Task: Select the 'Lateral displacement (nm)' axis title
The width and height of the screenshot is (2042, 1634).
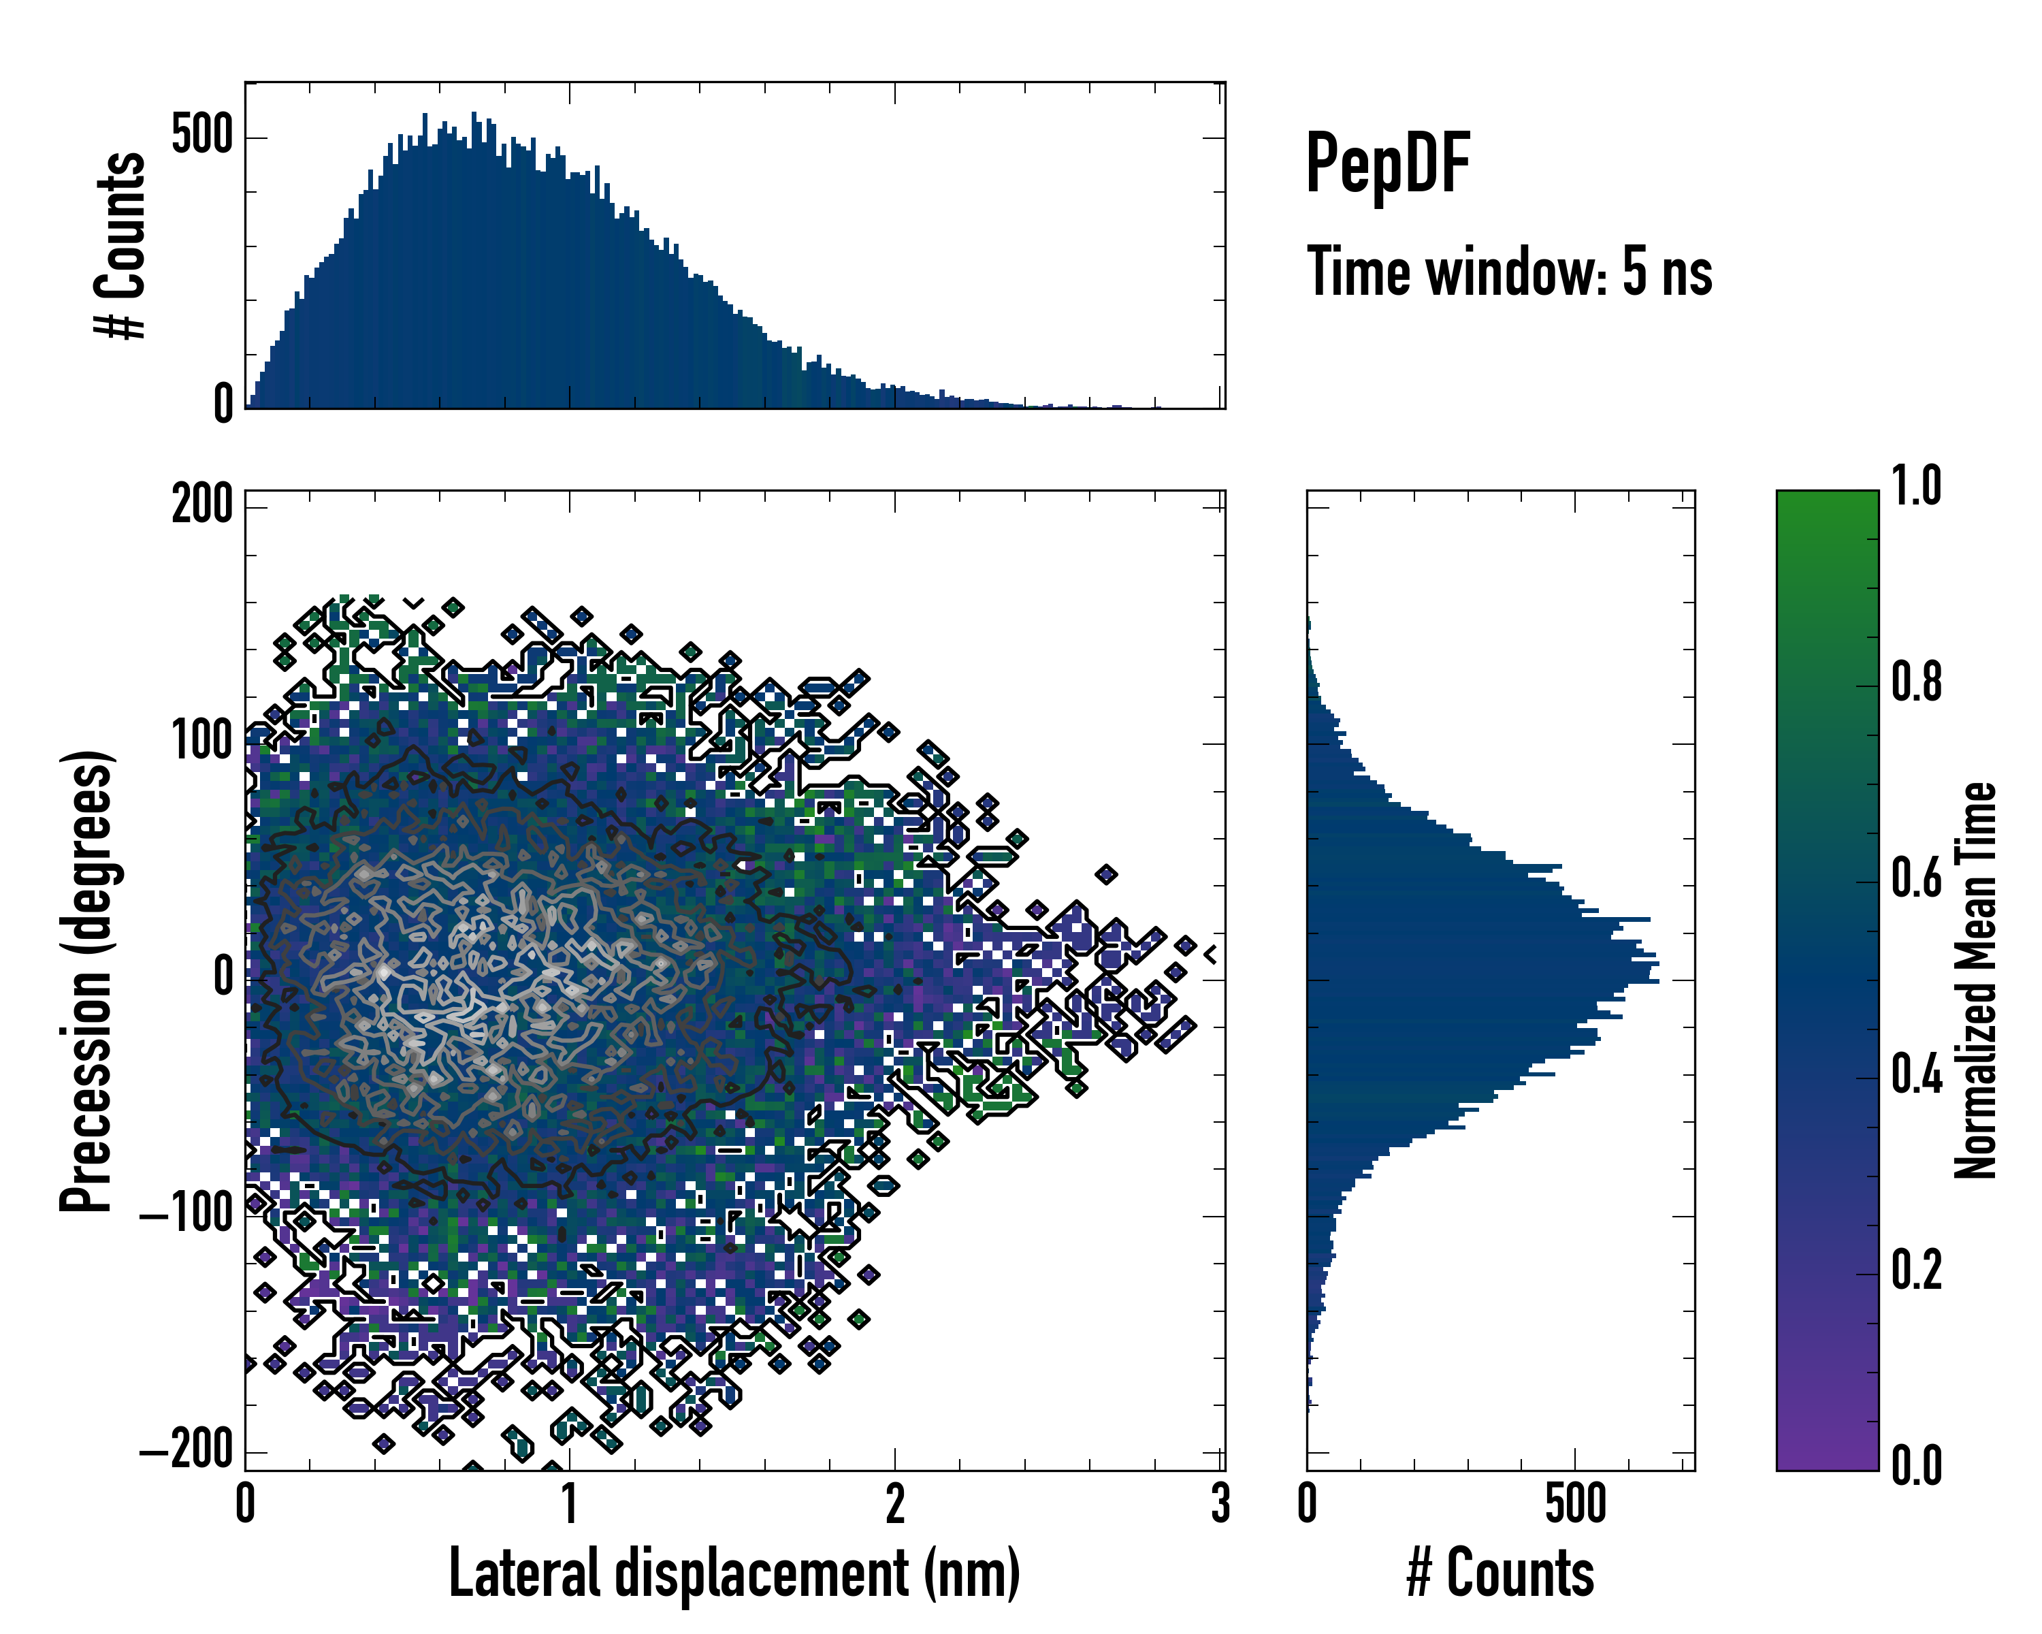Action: (734, 1573)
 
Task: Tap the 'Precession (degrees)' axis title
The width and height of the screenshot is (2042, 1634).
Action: (87, 980)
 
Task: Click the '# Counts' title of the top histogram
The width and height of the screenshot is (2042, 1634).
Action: (120, 244)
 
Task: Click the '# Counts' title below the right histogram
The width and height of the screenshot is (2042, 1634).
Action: (1500, 1573)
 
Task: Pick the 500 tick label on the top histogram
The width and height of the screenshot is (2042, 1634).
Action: (201, 135)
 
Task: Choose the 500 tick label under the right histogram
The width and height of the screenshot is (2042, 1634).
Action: (1575, 1504)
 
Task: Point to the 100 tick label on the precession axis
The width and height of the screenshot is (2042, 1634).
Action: (201, 741)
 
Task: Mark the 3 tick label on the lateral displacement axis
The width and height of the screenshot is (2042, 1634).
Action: (1220, 1504)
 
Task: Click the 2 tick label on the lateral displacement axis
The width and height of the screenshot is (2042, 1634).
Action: (895, 1504)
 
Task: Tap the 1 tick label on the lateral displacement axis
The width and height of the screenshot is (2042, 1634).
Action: (569, 1504)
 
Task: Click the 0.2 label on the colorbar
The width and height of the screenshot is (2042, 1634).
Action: (1916, 1270)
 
